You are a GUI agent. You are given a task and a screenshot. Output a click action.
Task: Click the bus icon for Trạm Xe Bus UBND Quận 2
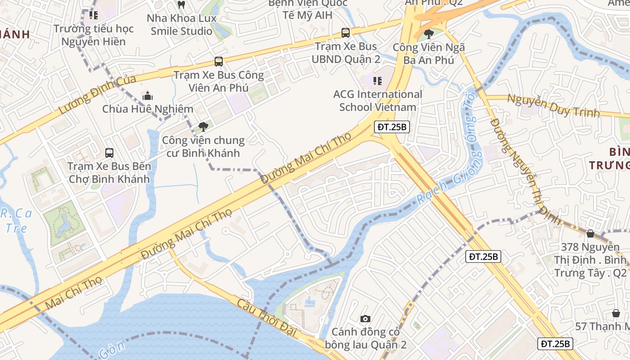[345, 33]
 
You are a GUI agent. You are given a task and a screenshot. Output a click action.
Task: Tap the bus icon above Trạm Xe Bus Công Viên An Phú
[219, 62]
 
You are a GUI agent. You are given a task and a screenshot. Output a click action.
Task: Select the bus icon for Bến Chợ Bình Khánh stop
[109, 153]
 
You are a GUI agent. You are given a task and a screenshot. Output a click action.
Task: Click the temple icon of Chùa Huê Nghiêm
[148, 96]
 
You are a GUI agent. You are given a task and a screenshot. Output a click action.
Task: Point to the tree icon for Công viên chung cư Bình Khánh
[203, 127]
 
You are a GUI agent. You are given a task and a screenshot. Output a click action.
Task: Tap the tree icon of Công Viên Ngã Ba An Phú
[429, 34]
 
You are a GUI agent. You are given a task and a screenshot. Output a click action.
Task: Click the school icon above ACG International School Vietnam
[378, 81]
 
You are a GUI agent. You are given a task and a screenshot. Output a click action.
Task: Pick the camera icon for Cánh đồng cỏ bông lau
[365, 319]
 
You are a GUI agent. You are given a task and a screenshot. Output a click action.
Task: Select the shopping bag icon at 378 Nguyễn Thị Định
[590, 234]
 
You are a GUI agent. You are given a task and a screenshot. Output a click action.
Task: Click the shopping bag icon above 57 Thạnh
[616, 313]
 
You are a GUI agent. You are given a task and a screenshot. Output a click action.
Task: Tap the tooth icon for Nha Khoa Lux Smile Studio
[181, 5]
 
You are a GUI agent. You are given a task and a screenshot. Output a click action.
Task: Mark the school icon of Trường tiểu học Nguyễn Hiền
[93, 15]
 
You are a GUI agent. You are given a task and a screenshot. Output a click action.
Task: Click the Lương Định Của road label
[97, 94]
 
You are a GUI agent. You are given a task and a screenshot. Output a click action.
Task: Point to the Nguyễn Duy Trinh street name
[553, 105]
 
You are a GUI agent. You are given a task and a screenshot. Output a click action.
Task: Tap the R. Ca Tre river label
[16, 220]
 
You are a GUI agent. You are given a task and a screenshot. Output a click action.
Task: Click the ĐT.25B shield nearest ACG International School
[391, 127]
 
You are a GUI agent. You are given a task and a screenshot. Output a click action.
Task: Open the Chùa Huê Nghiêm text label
[148, 109]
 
